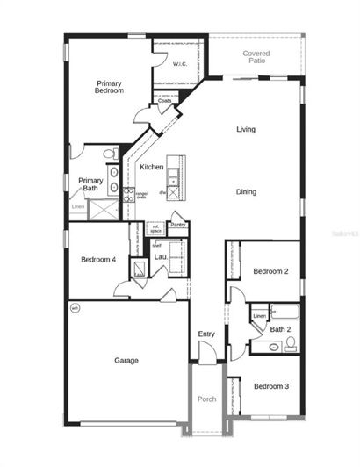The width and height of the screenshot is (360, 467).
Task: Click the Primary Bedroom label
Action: point(110,87)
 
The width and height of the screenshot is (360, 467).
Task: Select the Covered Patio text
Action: point(256,57)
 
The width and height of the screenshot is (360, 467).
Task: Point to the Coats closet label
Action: point(165,101)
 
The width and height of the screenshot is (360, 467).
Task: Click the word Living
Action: point(246,130)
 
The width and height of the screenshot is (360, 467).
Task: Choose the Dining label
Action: point(246,191)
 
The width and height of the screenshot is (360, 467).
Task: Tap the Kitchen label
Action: point(151,167)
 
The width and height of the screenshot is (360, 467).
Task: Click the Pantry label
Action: point(179,225)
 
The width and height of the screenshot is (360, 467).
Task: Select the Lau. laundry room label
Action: point(161,256)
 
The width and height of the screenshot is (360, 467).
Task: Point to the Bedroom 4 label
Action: point(98,259)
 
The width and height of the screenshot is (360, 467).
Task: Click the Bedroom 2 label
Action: point(270,271)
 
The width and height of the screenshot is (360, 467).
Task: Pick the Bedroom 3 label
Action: point(270,386)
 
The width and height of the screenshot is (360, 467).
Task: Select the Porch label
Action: point(206,399)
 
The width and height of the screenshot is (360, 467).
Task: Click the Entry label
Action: point(206,334)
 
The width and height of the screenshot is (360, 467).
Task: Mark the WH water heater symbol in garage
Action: point(75,307)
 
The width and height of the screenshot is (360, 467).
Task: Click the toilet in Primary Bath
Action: point(110,155)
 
